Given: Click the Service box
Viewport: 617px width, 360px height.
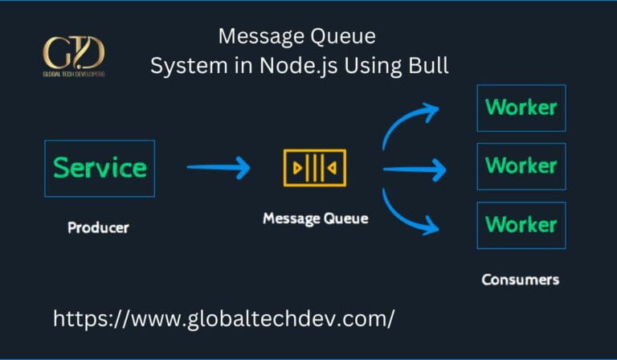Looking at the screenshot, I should point(100,169).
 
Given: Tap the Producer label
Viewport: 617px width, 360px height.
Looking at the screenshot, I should point(98,227).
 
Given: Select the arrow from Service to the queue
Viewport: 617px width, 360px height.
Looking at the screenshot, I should point(219,168).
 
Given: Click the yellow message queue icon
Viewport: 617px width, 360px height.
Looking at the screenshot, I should point(315,168).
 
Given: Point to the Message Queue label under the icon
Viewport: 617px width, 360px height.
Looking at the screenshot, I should point(315,218).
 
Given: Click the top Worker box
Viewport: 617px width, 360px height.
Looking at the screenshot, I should point(521,108).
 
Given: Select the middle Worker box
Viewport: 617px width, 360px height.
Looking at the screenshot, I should point(521,166).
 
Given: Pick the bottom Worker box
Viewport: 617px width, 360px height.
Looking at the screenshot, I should point(521,225).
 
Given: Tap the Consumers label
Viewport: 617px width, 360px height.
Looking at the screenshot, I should point(520,280).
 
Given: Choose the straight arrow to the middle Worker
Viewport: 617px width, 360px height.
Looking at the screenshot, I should point(414,169).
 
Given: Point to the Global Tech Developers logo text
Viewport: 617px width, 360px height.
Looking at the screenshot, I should point(73,74).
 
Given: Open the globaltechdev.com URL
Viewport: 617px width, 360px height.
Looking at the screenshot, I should point(223,318).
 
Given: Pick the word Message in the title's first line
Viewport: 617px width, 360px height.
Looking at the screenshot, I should point(264,37).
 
